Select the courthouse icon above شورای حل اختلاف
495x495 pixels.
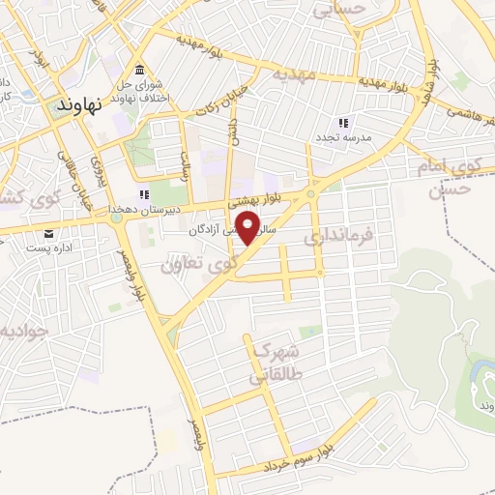[x=141, y=72]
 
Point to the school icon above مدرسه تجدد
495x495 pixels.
[x=342, y=123]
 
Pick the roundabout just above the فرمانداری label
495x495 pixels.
[x=312, y=194]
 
